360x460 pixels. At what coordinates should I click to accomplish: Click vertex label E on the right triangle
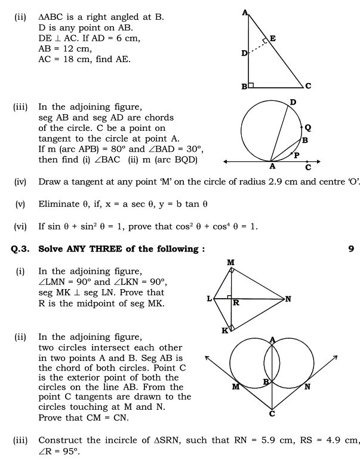click(x=272, y=39)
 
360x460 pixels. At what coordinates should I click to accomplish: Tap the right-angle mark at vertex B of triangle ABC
click(x=251, y=85)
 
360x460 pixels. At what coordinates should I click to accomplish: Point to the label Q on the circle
click(x=307, y=127)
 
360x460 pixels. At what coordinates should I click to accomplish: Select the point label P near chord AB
click(x=296, y=155)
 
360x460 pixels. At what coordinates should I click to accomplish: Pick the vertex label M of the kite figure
click(x=231, y=263)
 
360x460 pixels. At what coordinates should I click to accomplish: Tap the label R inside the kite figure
click(x=236, y=303)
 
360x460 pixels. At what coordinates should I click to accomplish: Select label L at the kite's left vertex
click(x=210, y=298)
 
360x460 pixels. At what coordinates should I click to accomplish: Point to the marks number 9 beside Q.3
click(x=350, y=249)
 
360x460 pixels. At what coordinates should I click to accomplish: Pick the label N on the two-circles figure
click(x=307, y=387)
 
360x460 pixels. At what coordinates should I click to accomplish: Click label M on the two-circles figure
click(x=236, y=387)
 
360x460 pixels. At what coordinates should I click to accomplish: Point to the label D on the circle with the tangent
click(x=293, y=103)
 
